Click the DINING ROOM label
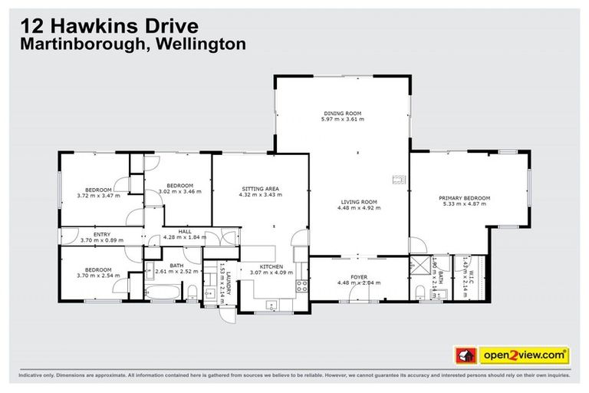pyautogui.click(x=343, y=113)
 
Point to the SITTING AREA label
pyautogui.click(x=260, y=189)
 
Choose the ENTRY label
pyautogui.click(x=102, y=235)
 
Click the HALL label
pyautogui.click(x=185, y=231)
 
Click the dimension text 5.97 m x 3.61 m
pyautogui.click(x=343, y=120)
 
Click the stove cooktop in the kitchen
pyautogui.click(x=302, y=287)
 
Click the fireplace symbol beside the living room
pyautogui.click(x=398, y=180)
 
